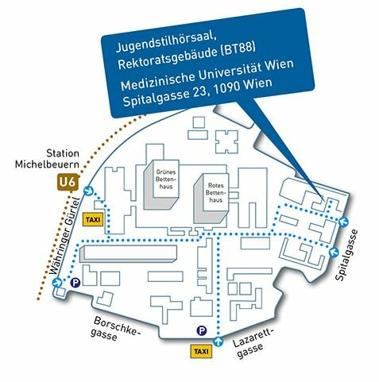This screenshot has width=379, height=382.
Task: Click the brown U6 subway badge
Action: pyautogui.click(x=68, y=183)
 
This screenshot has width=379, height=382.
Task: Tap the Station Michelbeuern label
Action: pyautogui.click(x=47, y=159)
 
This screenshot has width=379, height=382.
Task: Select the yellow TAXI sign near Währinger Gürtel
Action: pyautogui.click(x=93, y=219)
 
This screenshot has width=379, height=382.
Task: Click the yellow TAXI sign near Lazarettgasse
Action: pyautogui.click(x=201, y=352)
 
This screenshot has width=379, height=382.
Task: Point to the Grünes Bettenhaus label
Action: pyautogui.click(x=166, y=179)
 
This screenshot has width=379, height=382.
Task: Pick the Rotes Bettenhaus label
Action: pyautogui.click(x=215, y=193)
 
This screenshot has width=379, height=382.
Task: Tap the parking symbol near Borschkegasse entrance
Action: pyautogui.click(x=75, y=283)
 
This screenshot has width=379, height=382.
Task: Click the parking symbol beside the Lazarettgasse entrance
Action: pyautogui.click(x=202, y=330)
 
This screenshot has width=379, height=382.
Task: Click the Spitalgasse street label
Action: pyautogui.click(x=346, y=255)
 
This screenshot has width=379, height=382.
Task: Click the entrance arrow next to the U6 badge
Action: pyautogui.click(x=88, y=191)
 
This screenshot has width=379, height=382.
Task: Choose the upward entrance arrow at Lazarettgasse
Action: pyautogui.click(x=219, y=341)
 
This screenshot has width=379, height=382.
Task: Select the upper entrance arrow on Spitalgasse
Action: pyautogui.click(x=344, y=222)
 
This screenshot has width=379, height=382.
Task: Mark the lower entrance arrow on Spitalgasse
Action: pyautogui.click(x=334, y=252)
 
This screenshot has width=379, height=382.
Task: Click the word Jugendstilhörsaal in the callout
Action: pyautogui.click(x=166, y=44)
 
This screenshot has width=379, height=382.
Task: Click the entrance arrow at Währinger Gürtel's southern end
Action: pyautogui.click(x=56, y=283)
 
